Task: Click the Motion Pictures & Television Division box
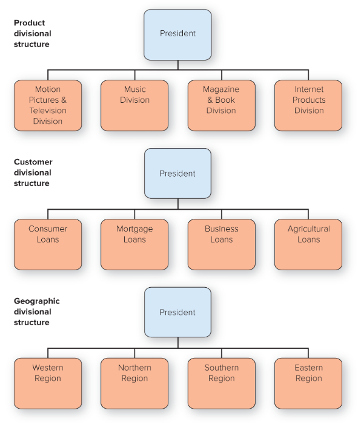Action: [x=48, y=105]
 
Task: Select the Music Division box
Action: [x=134, y=105]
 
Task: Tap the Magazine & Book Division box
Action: [x=221, y=105]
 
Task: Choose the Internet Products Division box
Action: [x=308, y=105]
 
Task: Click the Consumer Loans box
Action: [x=48, y=244]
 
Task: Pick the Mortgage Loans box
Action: [x=134, y=244]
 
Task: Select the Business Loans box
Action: [x=221, y=244]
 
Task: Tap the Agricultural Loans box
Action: [x=308, y=244]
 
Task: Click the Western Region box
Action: [x=48, y=383]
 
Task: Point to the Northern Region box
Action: [x=134, y=383]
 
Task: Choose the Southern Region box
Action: [x=221, y=383]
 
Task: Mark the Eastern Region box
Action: [x=308, y=383]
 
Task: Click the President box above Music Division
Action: [x=177, y=34]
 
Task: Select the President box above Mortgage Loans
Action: [x=177, y=174]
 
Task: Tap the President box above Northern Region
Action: [x=177, y=313]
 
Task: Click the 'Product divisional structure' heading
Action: [x=33, y=34]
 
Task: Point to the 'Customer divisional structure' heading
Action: [x=33, y=173]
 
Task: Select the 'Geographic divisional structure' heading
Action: [x=37, y=312]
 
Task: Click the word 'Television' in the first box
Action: [x=48, y=111]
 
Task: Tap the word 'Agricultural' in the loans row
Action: [x=308, y=229]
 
